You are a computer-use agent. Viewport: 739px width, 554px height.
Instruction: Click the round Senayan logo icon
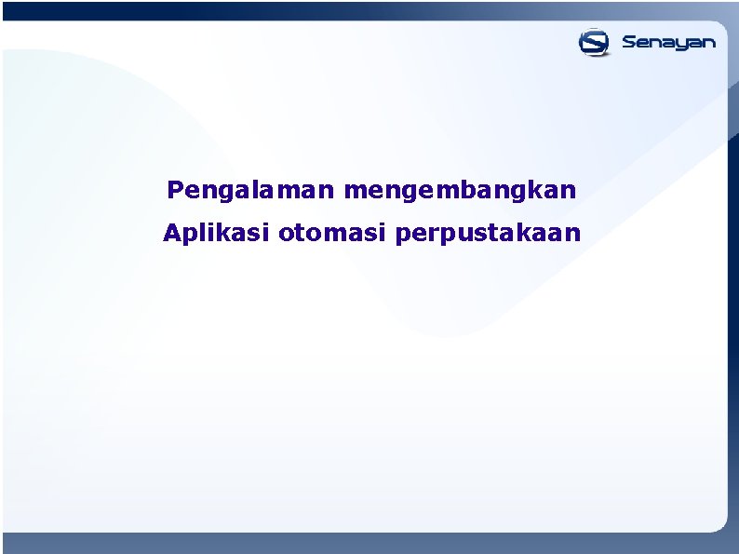click(x=594, y=42)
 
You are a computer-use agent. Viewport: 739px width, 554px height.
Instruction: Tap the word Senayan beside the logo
click(x=668, y=43)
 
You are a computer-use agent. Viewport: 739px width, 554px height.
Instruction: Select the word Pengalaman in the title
click(x=251, y=191)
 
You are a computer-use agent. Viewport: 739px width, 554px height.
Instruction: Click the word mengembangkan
click(x=460, y=191)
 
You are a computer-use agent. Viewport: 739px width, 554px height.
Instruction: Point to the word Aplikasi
click(x=216, y=233)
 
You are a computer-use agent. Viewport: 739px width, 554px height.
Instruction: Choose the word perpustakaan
click(x=488, y=233)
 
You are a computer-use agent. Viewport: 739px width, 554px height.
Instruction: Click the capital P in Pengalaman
click(x=174, y=190)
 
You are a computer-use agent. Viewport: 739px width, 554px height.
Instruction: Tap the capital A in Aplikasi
click(x=170, y=232)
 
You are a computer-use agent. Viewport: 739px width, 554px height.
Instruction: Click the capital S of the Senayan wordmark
click(x=628, y=42)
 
